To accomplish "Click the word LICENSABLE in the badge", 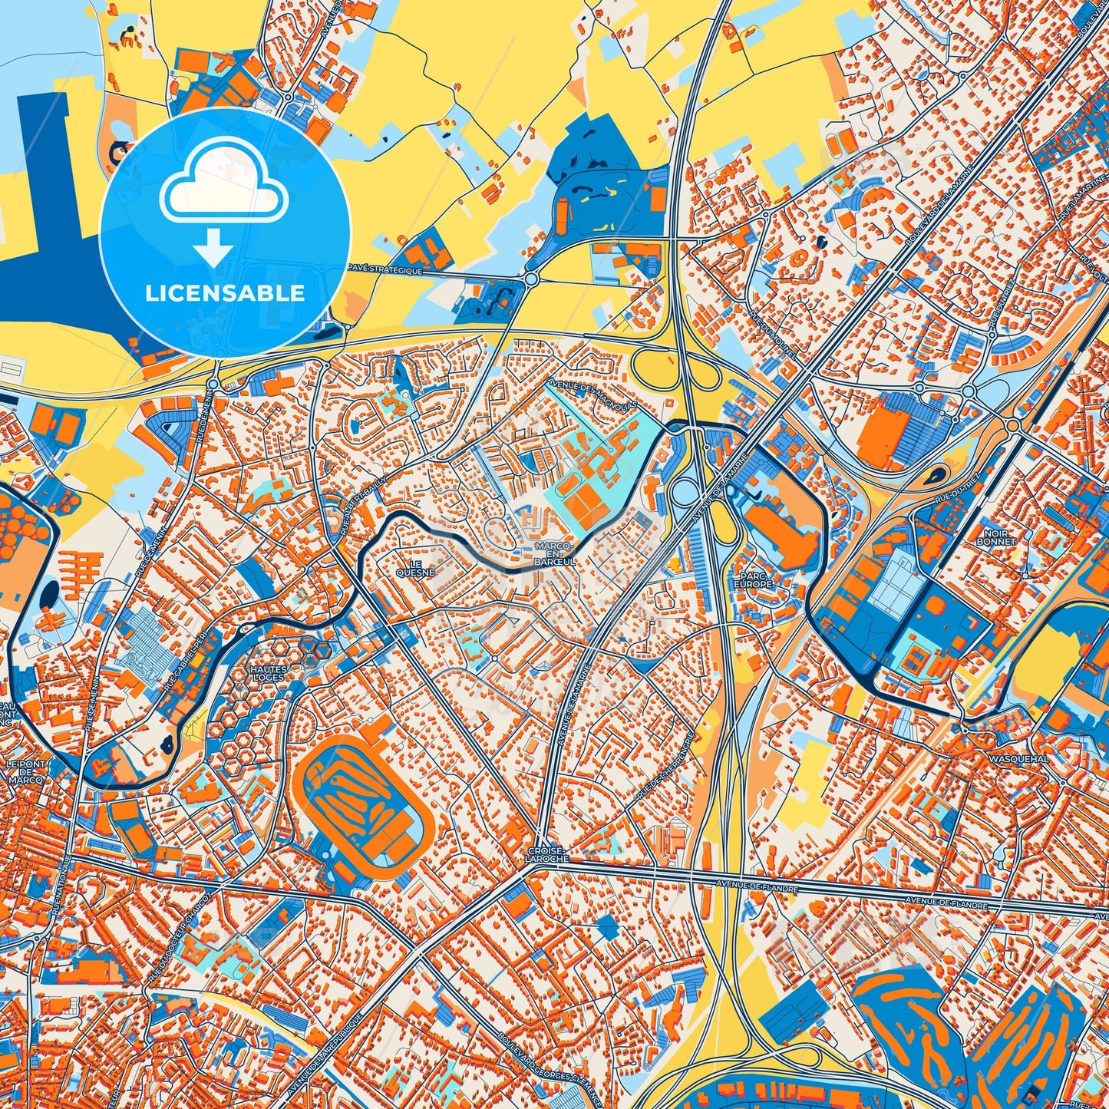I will tap(225, 293).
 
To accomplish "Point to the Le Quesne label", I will tap(415, 567).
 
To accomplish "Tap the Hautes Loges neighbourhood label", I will tap(269, 673).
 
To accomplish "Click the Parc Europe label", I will tap(752, 579).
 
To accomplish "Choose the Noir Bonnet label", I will tap(996, 536).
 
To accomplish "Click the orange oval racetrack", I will tap(363, 801).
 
